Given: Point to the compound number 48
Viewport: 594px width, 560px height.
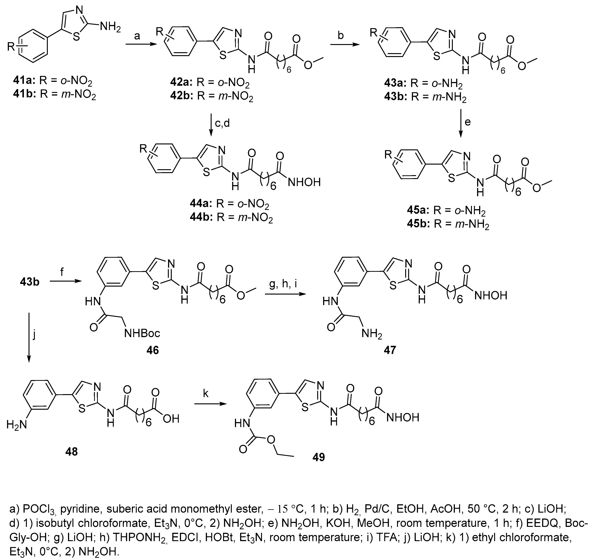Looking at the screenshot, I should coord(71,452).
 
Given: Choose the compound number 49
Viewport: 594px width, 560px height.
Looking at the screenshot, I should coord(318,457).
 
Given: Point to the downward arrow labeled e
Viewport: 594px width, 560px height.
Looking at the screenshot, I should coord(460,123).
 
